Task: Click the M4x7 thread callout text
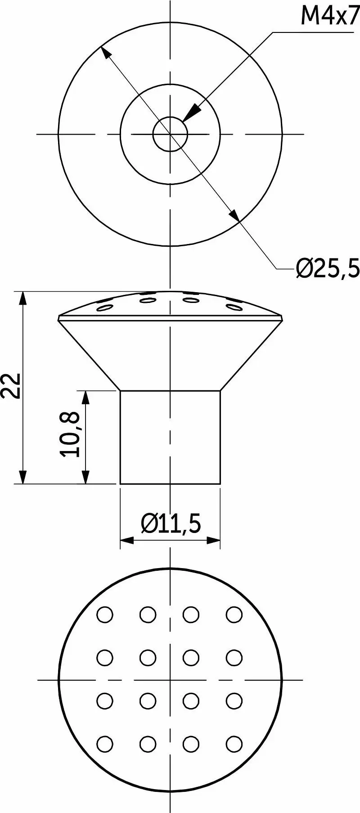330,17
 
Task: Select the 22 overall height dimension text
11,385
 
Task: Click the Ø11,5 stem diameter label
171,523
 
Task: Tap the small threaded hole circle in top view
170,134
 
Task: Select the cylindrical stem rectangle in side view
170,437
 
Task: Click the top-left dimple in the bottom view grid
105,614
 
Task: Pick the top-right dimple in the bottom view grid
234,614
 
